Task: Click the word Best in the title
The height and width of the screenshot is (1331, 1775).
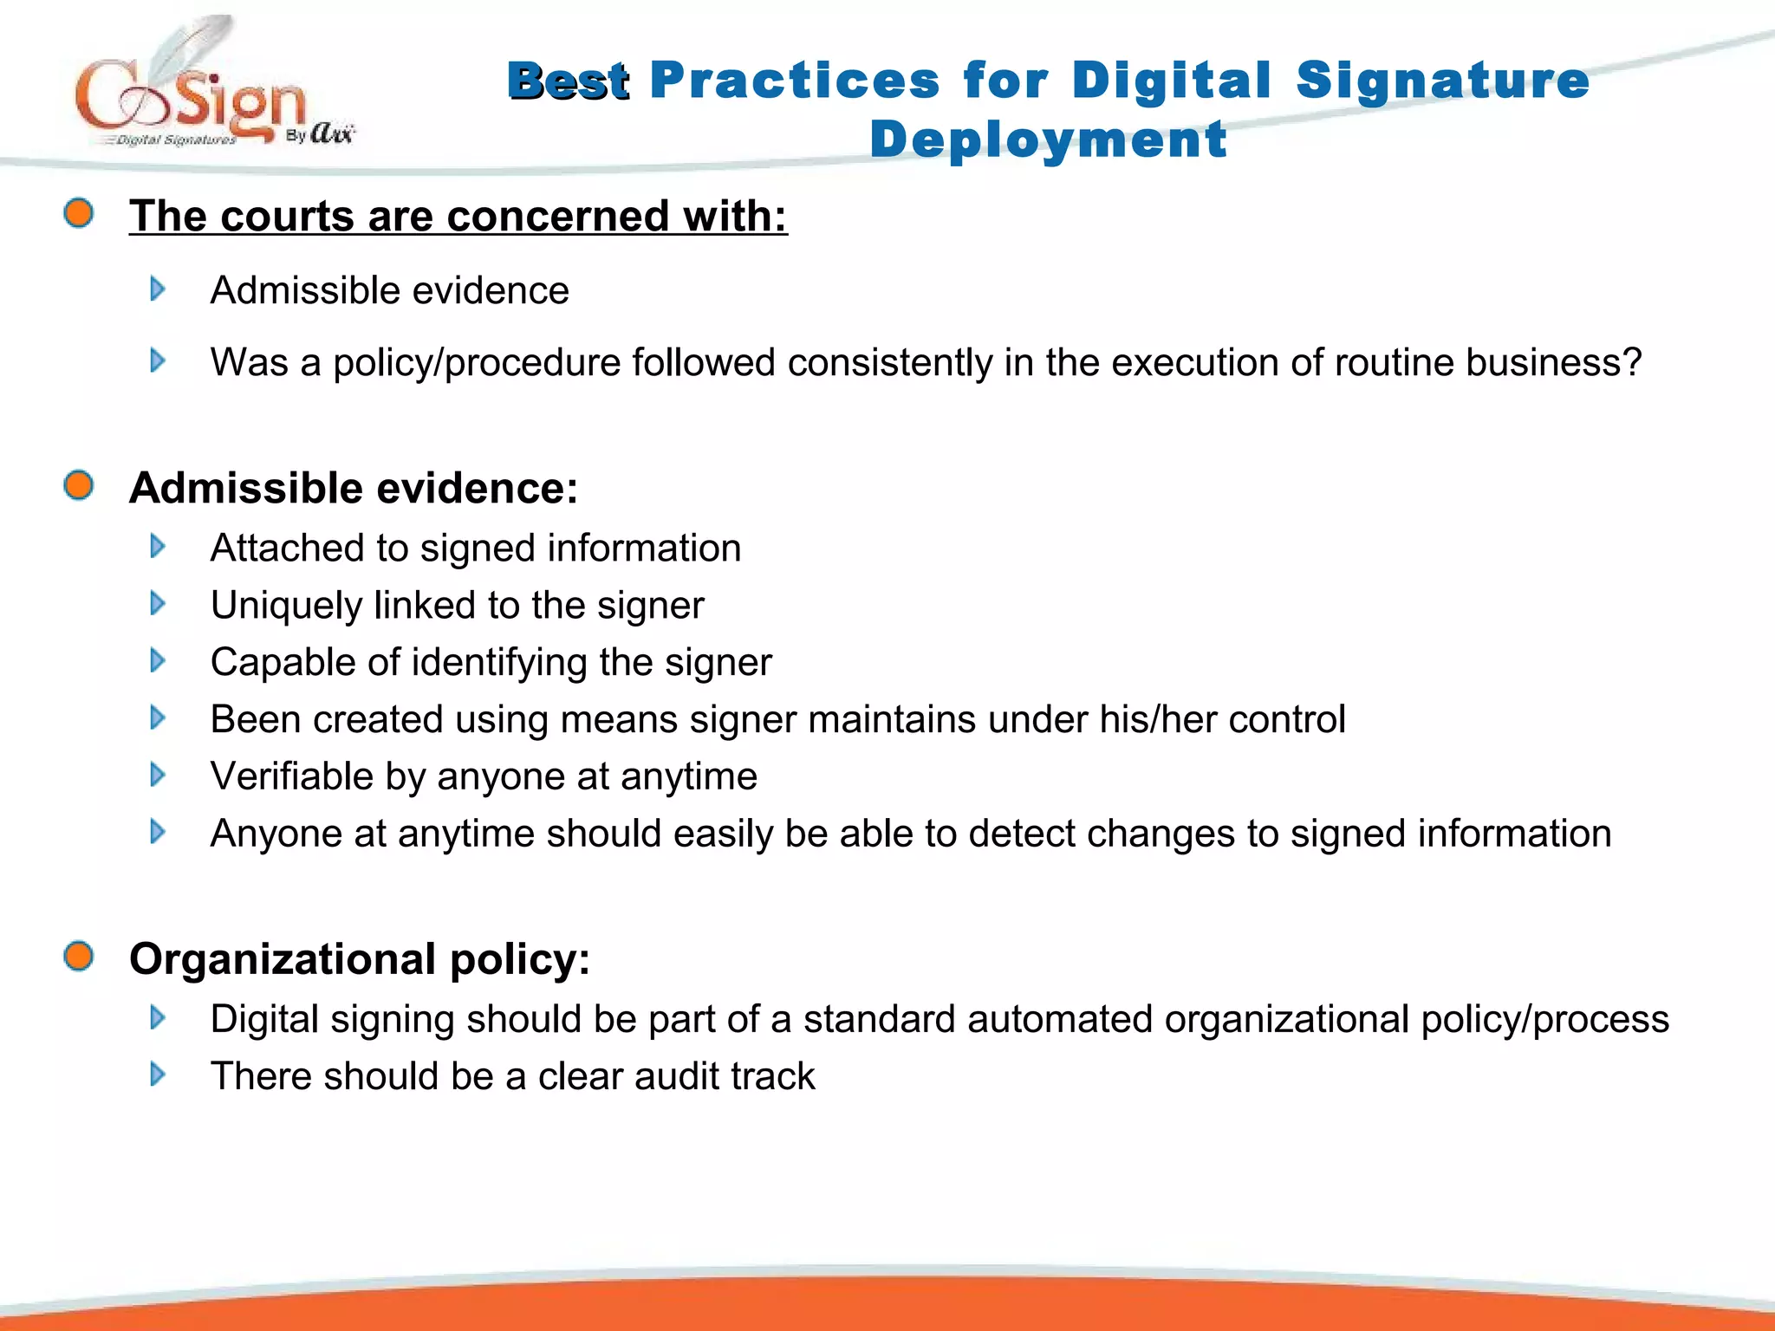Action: click(x=569, y=81)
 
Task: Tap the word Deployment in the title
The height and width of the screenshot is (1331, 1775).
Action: click(x=1049, y=140)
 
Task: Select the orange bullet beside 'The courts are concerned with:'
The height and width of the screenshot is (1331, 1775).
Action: click(x=79, y=213)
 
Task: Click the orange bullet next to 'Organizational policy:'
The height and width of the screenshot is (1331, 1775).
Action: click(x=79, y=957)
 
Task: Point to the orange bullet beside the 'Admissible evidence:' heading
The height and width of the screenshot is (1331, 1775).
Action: click(x=79, y=485)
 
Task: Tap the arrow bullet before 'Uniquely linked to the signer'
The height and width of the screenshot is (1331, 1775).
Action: click(x=158, y=603)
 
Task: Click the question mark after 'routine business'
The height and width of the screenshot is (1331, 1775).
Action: click(x=1632, y=362)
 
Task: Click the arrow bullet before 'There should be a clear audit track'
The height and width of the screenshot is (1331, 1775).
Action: click(x=158, y=1075)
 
